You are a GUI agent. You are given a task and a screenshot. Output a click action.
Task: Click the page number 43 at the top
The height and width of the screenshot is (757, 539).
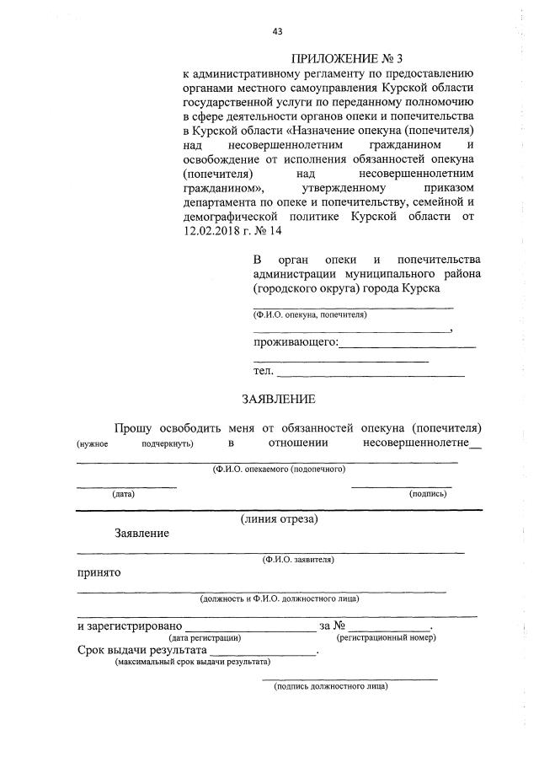[277, 31]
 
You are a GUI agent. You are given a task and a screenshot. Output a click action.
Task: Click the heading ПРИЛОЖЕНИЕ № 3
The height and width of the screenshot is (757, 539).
[348, 59]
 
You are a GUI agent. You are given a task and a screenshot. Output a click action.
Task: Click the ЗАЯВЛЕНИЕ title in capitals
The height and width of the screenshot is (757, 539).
[278, 399]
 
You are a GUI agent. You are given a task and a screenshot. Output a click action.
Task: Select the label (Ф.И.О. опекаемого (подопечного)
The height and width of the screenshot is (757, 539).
[279, 469]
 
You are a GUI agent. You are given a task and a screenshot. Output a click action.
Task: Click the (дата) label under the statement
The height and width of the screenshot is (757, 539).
[123, 494]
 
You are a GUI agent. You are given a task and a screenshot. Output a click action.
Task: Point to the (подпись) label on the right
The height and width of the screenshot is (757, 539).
[427, 494]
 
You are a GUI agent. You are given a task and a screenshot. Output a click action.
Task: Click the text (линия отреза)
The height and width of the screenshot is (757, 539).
[279, 518]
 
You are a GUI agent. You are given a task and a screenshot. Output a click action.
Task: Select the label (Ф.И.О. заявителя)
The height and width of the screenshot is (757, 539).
[298, 559]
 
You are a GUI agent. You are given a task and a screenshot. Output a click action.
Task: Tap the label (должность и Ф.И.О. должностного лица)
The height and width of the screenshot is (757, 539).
[280, 599]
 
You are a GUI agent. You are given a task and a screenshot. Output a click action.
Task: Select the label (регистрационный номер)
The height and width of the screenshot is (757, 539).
[386, 639]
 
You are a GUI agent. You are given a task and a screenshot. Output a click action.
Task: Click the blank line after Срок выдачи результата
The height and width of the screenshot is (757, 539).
[263, 653]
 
